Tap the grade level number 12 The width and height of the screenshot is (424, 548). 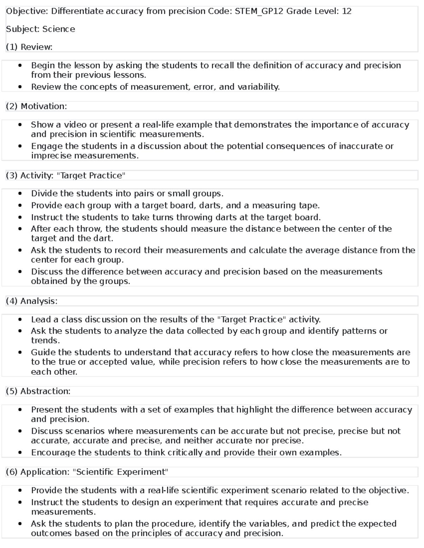tap(347, 11)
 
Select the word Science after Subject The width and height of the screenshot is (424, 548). tap(59, 29)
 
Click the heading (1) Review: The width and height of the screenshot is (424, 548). tap(29, 47)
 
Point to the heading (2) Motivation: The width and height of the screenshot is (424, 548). tap(36, 106)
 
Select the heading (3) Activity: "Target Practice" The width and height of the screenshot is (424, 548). tap(66, 175)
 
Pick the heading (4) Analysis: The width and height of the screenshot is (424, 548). tap(31, 301)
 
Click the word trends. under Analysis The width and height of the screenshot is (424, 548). tap(45, 341)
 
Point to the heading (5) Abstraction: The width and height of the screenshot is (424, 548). tap(38, 391)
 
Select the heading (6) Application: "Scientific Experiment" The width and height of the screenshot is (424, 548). tap(87, 472)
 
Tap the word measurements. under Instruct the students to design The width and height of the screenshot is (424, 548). tap(63, 512)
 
